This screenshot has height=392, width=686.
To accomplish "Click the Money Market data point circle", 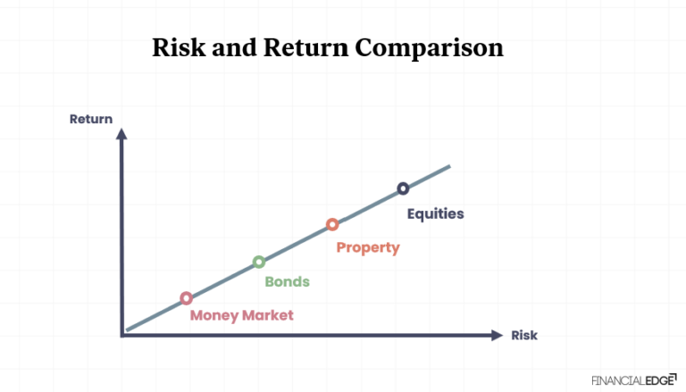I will pos(186,298).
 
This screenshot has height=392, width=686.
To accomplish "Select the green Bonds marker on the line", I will pos(259,262).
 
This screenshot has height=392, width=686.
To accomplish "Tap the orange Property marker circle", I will pos(332,224).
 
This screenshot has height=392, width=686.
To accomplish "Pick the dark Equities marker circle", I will pos(403,188).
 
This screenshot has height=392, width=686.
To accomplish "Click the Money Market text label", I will pos(241,315).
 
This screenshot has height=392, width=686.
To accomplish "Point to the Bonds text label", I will pos(287,281).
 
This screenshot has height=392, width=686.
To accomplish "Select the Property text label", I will pos(367,247).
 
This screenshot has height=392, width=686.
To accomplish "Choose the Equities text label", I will pos(436,213).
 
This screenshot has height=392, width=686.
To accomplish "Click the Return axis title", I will pos(91,119).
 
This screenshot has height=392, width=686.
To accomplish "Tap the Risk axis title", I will pos(524,336).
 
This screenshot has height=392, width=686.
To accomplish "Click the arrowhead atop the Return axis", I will pos(122,135).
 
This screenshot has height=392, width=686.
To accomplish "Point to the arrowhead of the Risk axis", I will pos(497,335).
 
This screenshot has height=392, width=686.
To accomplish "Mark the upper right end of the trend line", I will pos(448,166).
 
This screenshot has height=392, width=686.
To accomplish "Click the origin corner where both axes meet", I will pos(122,335).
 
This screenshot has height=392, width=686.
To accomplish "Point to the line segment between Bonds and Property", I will pos(296,243).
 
